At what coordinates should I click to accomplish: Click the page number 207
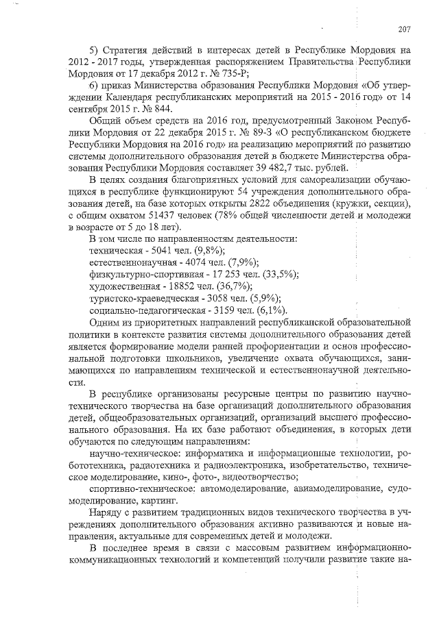[403, 28]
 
